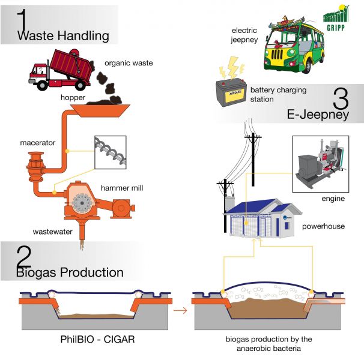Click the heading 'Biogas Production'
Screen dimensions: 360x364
70,273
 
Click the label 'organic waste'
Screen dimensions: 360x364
128,62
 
